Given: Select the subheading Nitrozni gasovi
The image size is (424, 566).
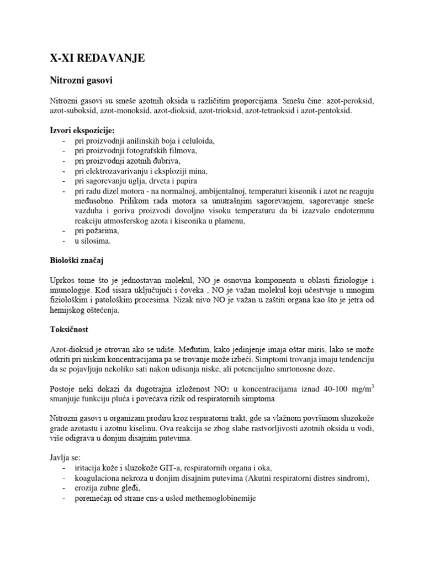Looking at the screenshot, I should (78, 81).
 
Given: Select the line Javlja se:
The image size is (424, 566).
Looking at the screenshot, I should (64, 458).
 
